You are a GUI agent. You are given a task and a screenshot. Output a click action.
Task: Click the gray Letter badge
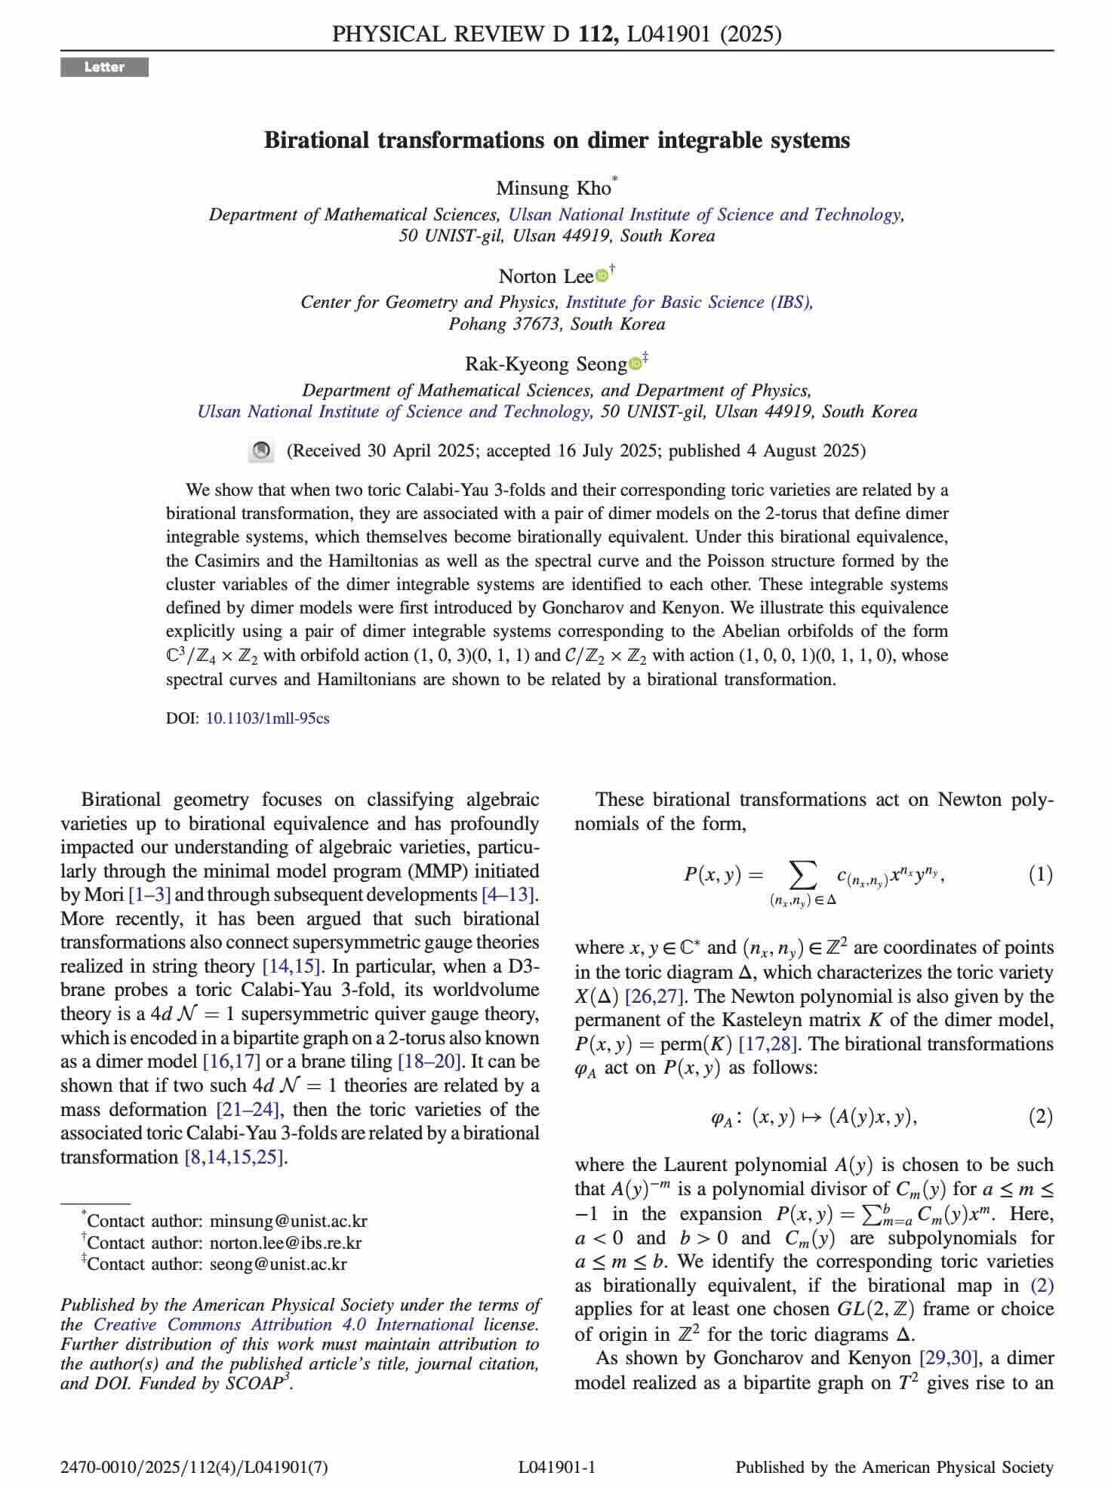click(104, 67)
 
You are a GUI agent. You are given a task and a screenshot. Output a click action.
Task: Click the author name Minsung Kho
click(552, 188)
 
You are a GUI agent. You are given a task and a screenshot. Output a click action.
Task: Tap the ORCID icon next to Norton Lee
click(602, 276)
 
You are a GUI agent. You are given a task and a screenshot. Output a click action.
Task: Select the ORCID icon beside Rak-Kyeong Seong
click(635, 364)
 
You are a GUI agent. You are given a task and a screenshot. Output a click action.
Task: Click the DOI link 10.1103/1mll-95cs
click(267, 718)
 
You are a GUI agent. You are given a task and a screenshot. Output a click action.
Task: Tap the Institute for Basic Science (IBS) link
click(689, 302)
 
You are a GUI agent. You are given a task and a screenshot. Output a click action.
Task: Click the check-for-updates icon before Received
click(260, 451)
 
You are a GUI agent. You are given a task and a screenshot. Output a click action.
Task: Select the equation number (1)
click(1040, 875)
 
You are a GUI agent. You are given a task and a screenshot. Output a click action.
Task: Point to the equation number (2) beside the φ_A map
click(1040, 1116)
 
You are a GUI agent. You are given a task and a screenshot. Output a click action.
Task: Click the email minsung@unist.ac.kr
click(288, 1221)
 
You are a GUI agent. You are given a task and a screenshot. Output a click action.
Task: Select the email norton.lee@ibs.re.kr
click(285, 1242)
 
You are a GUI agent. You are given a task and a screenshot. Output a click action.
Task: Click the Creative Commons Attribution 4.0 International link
click(284, 1324)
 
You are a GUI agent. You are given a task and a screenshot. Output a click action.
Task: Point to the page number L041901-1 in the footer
click(557, 1467)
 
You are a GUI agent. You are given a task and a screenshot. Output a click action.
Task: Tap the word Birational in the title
click(317, 140)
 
